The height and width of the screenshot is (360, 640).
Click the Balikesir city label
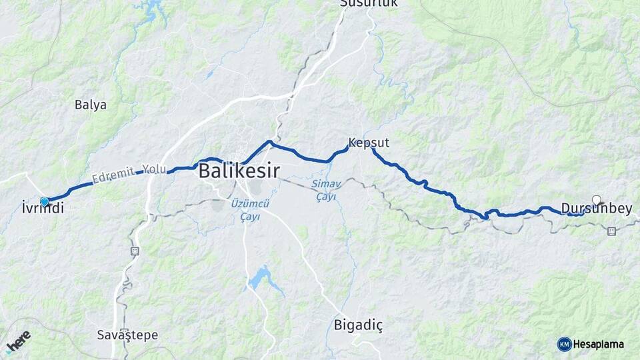coord(239,170)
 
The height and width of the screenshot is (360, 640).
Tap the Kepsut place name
coord(369,143)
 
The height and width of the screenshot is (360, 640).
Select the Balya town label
coord(91,105)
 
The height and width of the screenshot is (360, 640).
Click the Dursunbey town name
coord(596,209)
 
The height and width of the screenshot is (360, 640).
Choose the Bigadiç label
coord(358,325)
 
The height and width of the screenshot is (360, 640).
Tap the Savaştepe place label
coord(127,335)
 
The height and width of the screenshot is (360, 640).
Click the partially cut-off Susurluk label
coord(369,3)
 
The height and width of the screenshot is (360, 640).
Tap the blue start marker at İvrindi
coord(45,201)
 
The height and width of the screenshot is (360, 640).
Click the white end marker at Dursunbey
coord(596,199)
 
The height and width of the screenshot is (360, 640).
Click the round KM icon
coord(564,344)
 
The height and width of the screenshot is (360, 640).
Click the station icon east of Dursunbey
coord(611,231)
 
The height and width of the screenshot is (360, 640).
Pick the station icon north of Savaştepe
coord(135,251)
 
